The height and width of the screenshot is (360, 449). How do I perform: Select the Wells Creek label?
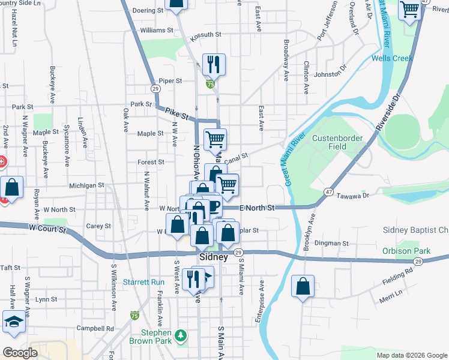click(391, 58)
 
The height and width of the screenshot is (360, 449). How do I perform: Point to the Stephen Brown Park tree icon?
click(180, 334)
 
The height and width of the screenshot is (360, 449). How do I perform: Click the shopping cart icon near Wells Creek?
click(410, 10)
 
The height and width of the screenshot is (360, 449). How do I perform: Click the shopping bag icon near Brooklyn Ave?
click(303, 287)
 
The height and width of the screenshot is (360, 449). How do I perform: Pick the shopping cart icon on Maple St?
click(215, 139)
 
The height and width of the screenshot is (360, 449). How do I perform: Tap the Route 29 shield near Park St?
click(155, 89)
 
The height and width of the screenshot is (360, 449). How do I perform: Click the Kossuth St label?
click(207, 35)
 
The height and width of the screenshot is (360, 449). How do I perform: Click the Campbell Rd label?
click(99, 328)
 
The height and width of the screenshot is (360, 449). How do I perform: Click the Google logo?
click(19, 352)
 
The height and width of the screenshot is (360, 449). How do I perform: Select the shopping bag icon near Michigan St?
click(11, 187)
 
